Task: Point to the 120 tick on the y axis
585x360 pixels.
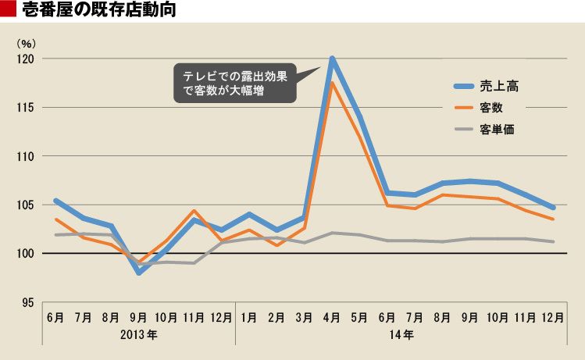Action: click(26, 59)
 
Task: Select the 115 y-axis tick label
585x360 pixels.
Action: click(26, 108)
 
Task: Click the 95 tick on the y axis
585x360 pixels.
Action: click(28, 302)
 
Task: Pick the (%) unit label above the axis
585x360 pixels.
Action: click(26, 41)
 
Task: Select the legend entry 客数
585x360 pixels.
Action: click(490, 107)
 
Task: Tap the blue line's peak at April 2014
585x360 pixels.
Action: click(333, 59)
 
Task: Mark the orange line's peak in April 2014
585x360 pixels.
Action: click(333, 83)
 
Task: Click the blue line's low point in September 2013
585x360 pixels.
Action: click(139, 273)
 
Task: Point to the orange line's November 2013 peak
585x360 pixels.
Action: click(194, 211)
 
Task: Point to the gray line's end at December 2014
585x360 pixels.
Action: click(553, 241)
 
